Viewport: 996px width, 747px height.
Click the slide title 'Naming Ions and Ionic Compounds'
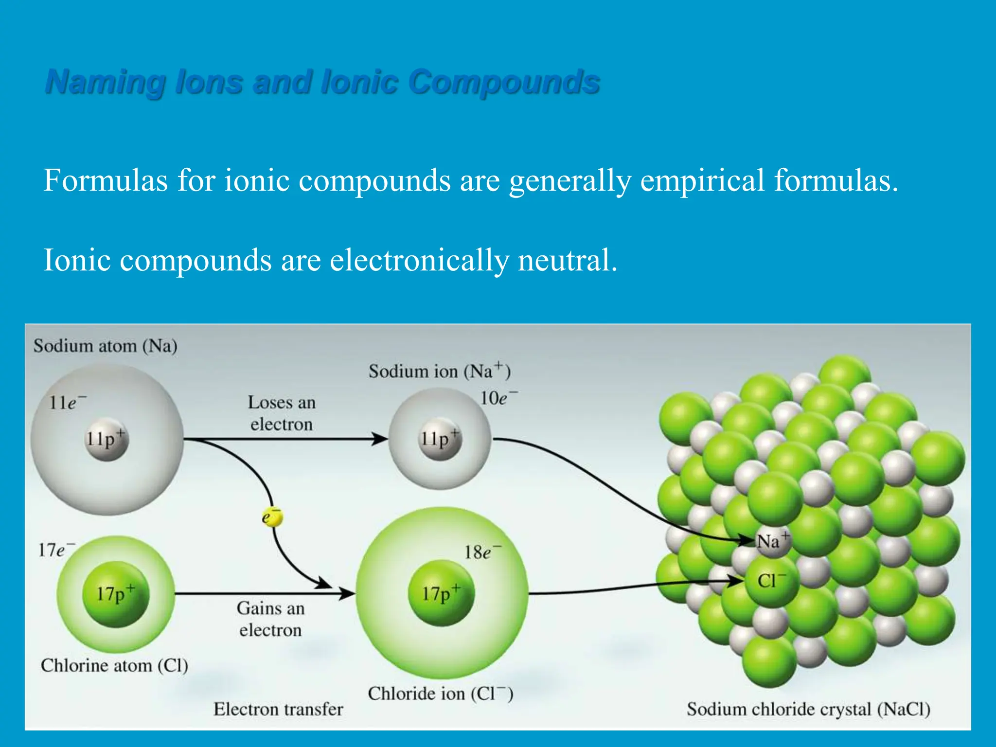[322, 82]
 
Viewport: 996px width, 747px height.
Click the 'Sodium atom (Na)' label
[105, 346]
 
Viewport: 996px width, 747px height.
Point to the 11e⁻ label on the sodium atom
[67, 403]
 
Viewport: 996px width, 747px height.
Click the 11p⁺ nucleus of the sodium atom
[107, 439]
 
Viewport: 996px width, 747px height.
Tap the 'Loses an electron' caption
[282, 413]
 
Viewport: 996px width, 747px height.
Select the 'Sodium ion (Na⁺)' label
[439, 372]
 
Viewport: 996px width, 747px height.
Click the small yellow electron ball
[272, 517]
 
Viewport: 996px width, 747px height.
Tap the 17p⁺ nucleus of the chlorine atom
[116, 594]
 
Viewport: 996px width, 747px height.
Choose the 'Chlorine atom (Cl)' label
[114, 665]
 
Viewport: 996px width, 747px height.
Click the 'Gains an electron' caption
[271, 619]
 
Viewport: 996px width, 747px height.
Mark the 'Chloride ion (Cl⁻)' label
[440, 694]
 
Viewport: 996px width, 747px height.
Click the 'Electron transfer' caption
[278, 709]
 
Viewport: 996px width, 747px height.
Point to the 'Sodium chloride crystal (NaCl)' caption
[808, 709]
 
